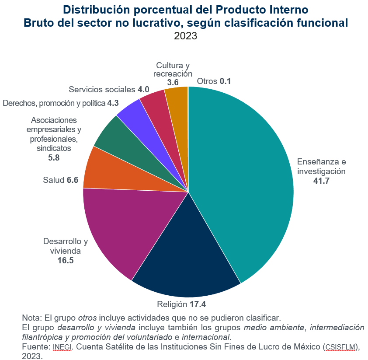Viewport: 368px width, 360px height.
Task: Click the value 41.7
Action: pos(321,181)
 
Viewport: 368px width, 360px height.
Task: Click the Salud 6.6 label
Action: pos(60,180)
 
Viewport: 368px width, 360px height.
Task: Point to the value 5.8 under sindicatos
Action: pos(54,157)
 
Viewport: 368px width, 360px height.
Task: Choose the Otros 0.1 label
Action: pos(214,81)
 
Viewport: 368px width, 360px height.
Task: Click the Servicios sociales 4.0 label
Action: pos(109,90)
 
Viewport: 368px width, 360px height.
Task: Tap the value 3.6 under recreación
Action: pos(173,82)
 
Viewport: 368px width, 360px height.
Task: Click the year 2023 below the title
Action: pos(185,36)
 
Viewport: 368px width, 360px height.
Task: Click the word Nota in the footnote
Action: pos(31,317)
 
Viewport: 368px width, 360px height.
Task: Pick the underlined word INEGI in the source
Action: pos(62,347)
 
